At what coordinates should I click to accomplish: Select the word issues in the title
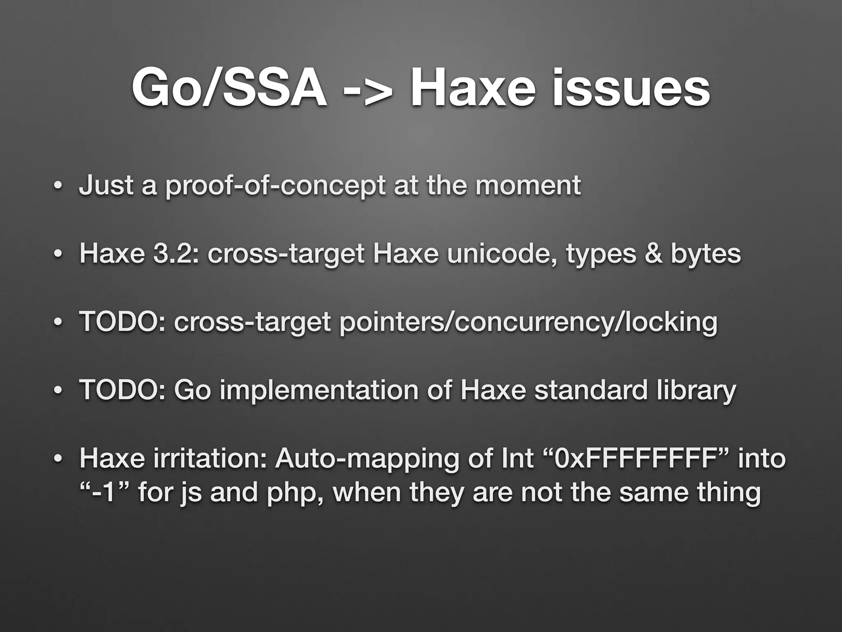[x=631, y=88]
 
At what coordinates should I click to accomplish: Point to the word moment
[x=528, y=185]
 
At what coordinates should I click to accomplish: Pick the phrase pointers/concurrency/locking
[x=528, y=323]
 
